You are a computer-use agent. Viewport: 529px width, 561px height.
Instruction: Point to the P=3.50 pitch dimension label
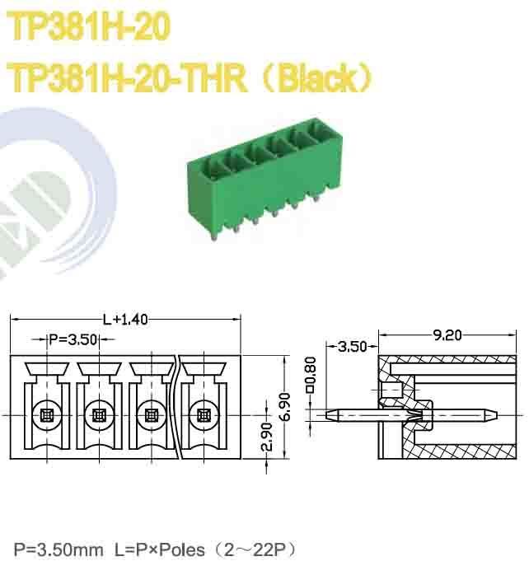[73, 339]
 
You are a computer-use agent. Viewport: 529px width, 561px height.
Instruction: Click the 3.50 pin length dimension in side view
[352, 347]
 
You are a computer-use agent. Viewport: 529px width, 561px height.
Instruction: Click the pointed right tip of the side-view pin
[497, 414]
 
